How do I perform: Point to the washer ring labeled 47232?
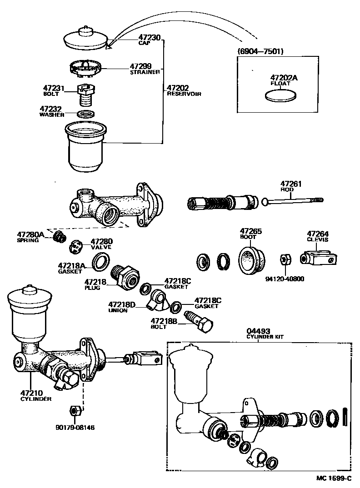tap(85, 113)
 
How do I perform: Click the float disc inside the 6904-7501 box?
tap(281, 95)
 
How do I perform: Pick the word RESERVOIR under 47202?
tap(184, 94)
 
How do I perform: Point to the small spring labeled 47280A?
tap(58, 237)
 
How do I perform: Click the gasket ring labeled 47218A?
tap(101, 263)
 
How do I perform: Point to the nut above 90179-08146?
tap(75, 411)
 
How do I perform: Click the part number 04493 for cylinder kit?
tap(258, 331)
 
